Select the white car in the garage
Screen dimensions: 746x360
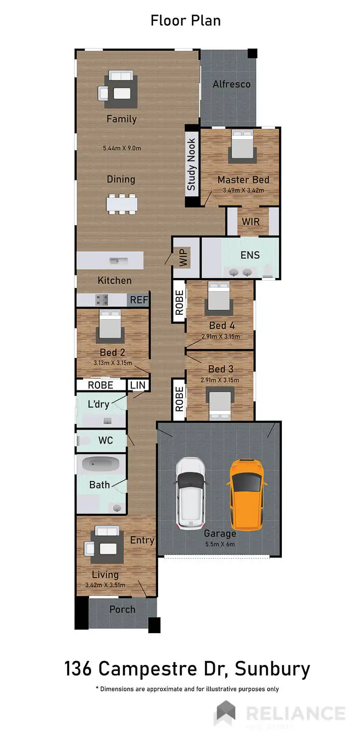[190, 492]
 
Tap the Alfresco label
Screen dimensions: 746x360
[231, 84]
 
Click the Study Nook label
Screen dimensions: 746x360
[191, 165]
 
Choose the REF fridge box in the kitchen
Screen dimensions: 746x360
[139, 300]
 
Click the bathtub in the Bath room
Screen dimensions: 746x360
[101, 465]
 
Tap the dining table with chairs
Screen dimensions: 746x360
[121, 203]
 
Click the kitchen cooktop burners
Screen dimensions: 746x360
[102, 299]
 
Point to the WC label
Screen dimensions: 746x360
[105, 440]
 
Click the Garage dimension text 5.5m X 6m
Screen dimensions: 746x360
[220, 544]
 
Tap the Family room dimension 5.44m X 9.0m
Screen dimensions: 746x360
[122, 148]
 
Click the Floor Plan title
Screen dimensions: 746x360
[185, 20]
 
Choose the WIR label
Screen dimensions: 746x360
[251, 221]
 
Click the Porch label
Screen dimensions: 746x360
[122, 609]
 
